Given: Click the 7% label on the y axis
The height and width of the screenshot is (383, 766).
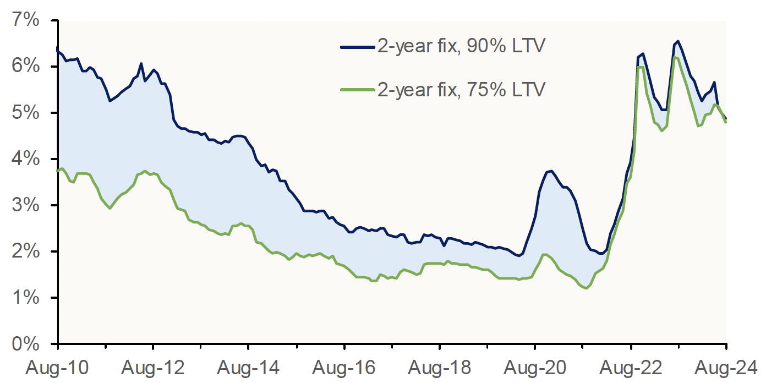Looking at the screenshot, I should (26, 21).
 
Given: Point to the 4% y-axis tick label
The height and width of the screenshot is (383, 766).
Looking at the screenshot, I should (26, 160).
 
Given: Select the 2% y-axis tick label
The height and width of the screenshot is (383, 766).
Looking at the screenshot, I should (26, 252).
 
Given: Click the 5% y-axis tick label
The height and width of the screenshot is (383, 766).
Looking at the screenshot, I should (26, 113).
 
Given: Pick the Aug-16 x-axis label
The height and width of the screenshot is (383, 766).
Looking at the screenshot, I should (344, 365).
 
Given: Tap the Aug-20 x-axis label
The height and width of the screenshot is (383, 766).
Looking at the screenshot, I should (534, 365).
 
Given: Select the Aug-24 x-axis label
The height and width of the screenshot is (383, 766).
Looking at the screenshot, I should (725, 365).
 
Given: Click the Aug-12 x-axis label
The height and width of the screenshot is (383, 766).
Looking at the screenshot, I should (152, 365).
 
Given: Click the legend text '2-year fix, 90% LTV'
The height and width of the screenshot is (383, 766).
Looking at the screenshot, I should (461, 47).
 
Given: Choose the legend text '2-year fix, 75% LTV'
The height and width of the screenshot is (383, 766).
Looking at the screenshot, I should (461, 89).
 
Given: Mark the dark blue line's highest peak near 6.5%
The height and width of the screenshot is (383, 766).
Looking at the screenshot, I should (678, 41).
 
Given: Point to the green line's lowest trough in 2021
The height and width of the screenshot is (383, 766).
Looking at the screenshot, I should (587, 288).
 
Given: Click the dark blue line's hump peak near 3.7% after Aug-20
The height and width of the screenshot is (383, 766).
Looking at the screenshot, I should (551, 171).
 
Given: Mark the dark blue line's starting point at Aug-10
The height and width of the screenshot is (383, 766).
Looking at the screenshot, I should (58, 49).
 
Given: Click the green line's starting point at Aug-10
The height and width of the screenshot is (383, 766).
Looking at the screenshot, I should (58, 171).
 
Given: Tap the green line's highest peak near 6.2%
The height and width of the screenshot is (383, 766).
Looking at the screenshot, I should (675, 57).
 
